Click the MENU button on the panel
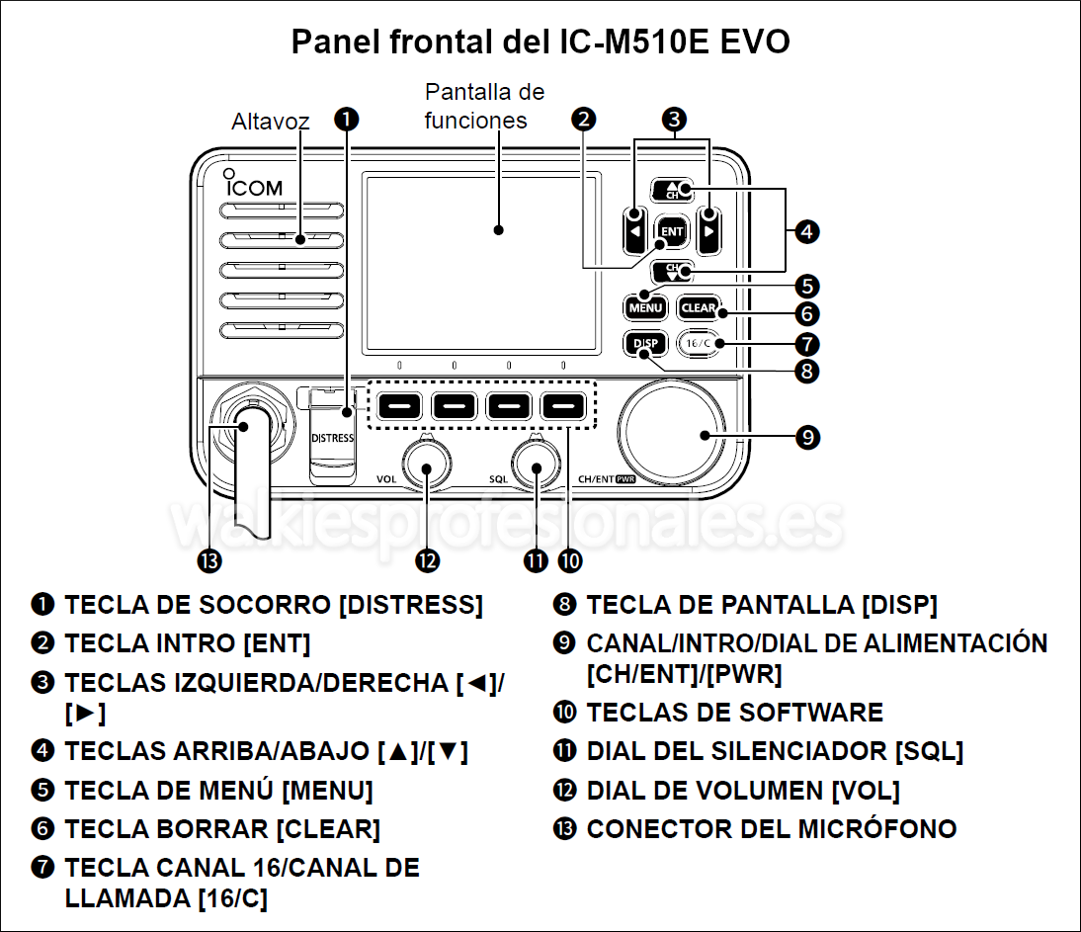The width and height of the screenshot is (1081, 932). click(x=643, y=307)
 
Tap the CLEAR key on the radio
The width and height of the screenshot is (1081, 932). click(x=699, y=307)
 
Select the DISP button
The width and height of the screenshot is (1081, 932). click(x=644, y=344)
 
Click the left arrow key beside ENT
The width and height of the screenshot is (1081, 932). click(x=635, y=232)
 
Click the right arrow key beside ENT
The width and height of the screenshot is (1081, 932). click(x=708, y=232)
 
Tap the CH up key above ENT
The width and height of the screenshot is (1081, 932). click(x=672, y=191)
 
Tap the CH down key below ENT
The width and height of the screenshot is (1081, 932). click(x=672, y=271)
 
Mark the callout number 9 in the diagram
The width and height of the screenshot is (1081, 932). click(x=808, y=436)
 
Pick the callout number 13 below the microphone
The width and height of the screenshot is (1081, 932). click(x=208, y=560)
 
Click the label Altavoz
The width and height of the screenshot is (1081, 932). click(x=270, y=122)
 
